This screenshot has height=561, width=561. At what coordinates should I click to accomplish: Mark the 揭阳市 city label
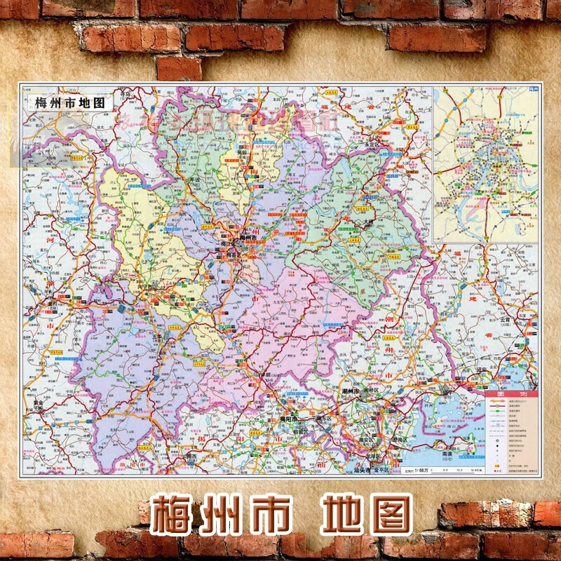pos(289,419)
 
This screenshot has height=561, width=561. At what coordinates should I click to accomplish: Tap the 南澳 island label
pos(447,454)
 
